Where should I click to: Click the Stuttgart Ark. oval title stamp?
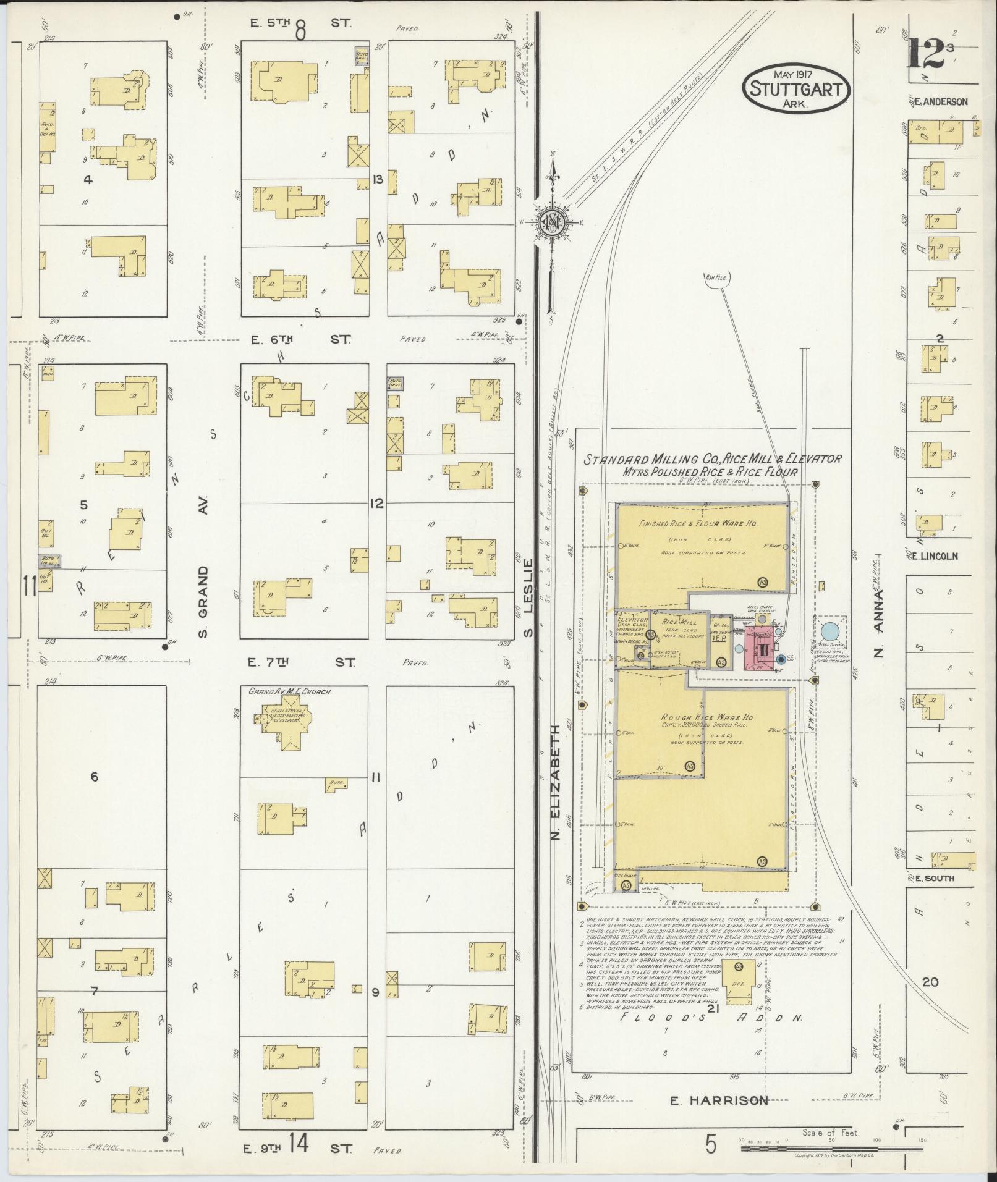tap(795, 89)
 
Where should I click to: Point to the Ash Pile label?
tap(717, 278)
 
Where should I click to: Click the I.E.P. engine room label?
tap(719, 639)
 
